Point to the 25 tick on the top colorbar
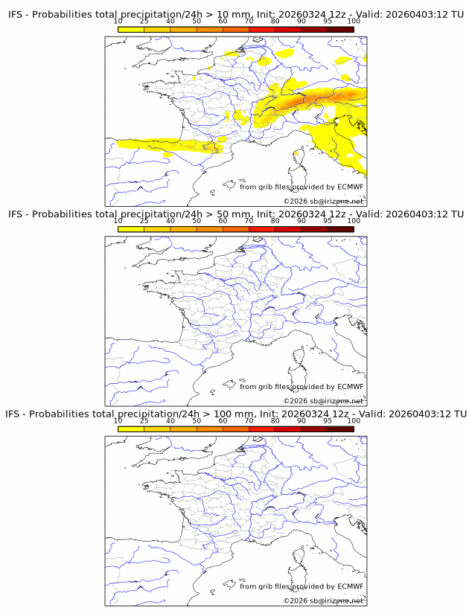144,22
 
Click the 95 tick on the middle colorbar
328,221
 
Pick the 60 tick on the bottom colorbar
223,420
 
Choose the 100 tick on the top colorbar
354,22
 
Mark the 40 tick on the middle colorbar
170,221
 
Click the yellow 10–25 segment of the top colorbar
131,29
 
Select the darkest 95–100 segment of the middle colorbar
341,229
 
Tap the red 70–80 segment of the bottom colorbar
262,429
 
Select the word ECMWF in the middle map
350,387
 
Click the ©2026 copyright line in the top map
323,201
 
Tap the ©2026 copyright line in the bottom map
323,600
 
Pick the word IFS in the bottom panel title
15,414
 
